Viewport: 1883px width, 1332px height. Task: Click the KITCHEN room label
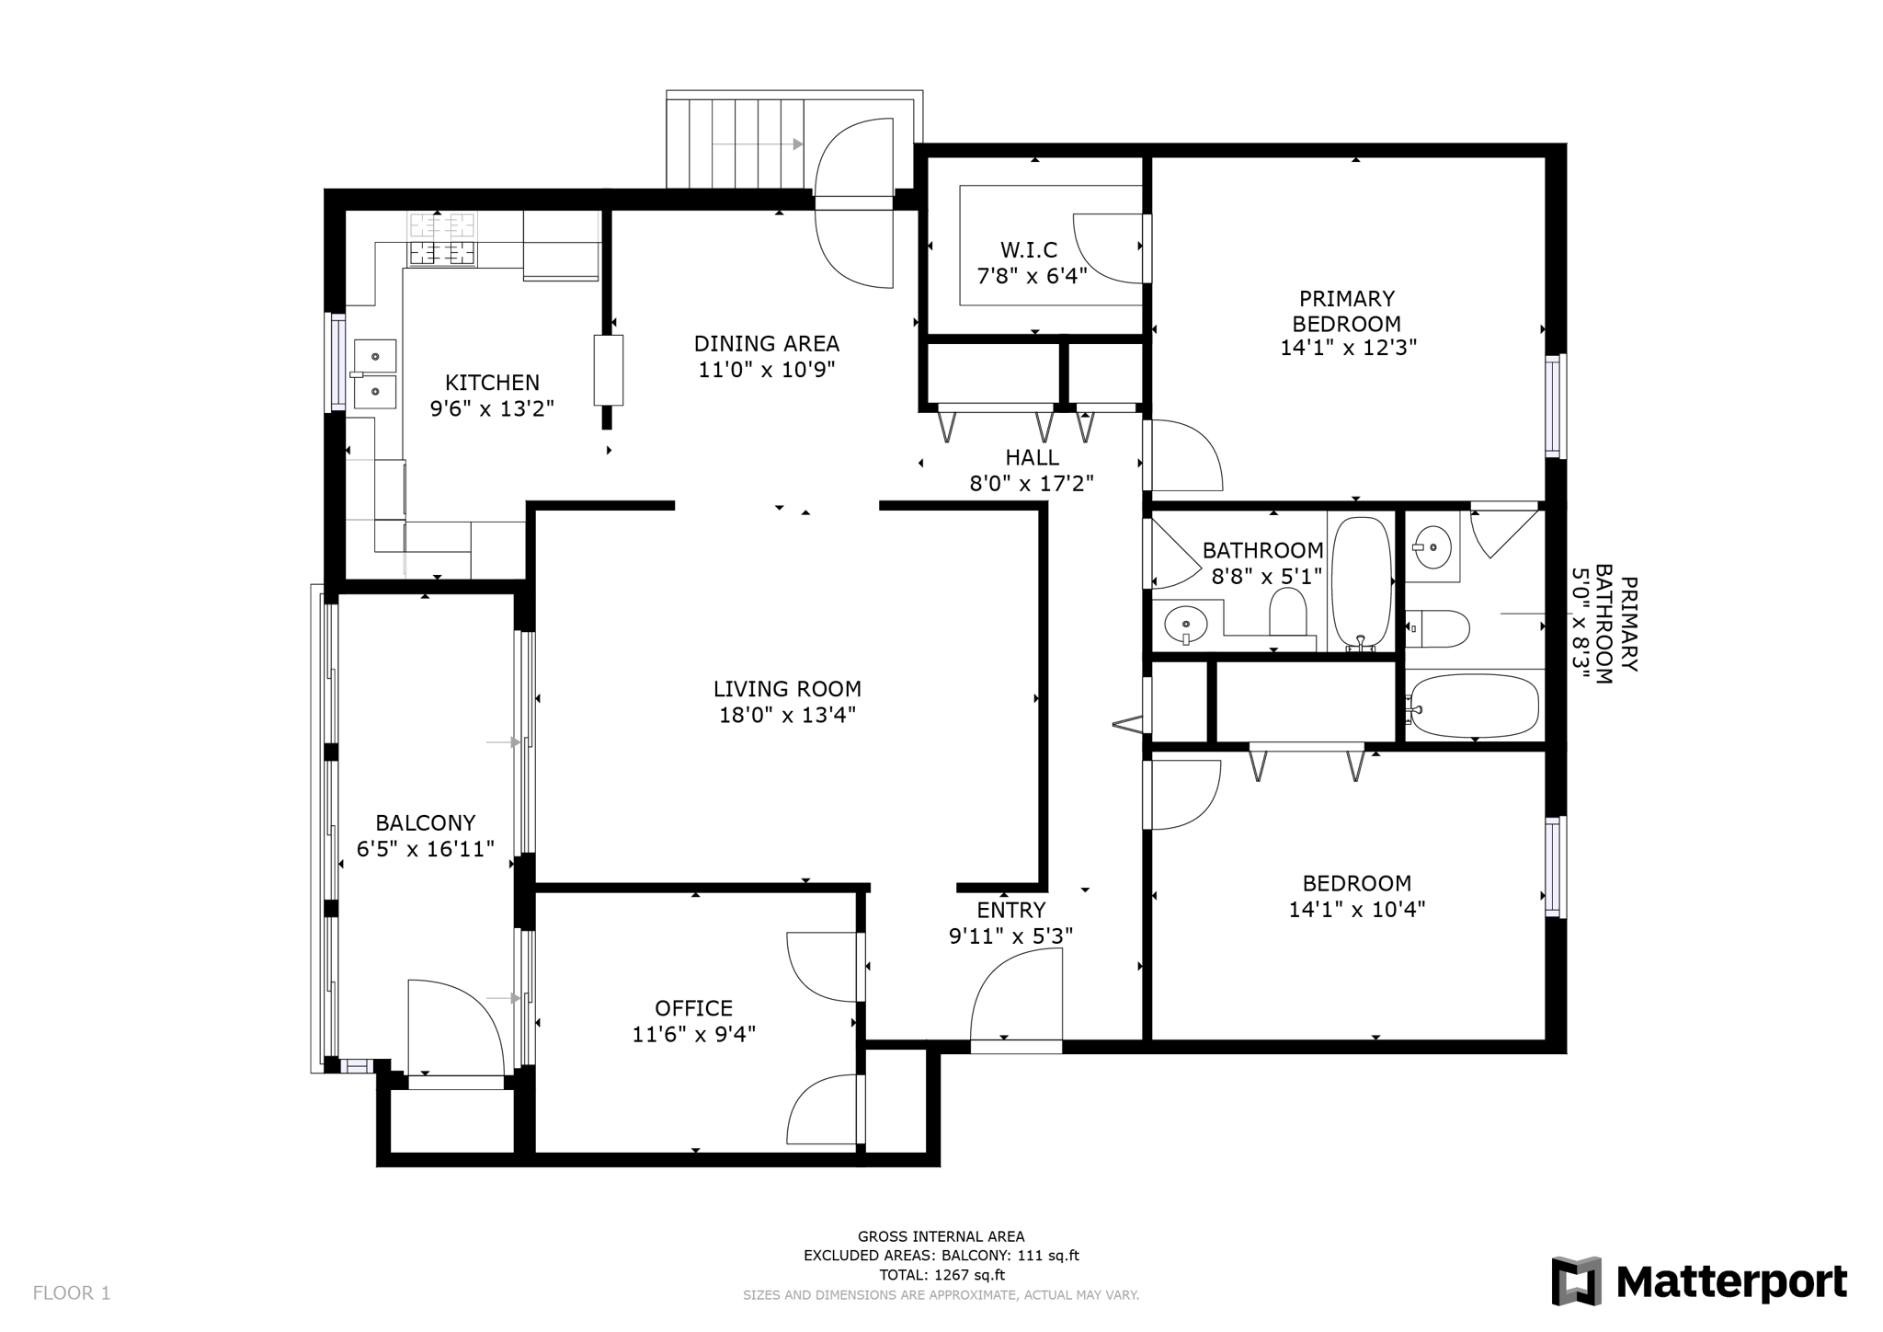492,383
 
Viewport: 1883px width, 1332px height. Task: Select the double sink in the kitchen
375,373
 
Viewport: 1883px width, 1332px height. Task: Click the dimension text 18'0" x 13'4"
787,715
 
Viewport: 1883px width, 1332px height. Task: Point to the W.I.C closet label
1029,249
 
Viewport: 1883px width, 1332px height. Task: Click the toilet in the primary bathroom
1440,629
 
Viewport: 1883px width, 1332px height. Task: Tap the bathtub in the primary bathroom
1473,706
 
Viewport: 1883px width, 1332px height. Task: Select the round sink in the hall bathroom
1184,626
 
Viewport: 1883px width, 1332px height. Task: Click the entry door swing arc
1011,993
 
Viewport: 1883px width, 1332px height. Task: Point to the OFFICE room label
693,1008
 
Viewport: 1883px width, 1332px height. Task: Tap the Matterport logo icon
1576,1280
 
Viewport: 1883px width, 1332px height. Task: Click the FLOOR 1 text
72,1293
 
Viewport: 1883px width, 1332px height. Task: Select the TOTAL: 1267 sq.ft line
941,1275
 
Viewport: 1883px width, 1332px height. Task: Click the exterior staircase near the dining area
736,144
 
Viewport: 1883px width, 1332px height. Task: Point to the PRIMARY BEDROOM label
1347,311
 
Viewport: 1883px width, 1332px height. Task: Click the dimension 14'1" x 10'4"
1356,910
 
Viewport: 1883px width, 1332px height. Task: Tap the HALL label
1032,457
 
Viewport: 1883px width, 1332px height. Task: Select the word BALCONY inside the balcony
425,822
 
